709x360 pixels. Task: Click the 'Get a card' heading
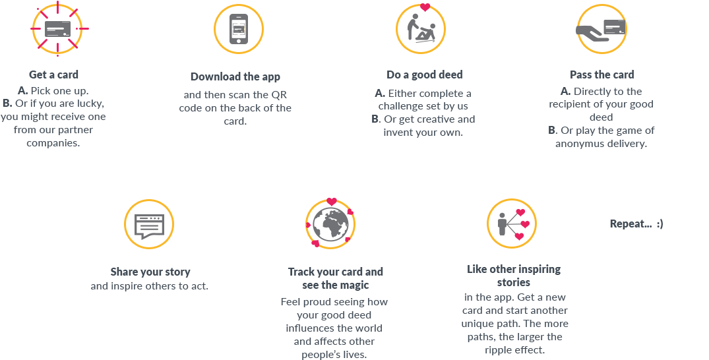(53, 75)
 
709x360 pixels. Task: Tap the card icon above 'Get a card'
(57, 28)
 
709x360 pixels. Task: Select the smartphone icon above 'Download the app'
(238, 28)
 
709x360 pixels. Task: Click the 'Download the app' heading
(235, 77)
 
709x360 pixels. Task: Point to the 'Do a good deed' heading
(424, 75)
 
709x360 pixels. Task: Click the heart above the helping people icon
(425, 9)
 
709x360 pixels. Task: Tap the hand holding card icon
(601, 29)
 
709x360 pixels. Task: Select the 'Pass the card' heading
(601, 75)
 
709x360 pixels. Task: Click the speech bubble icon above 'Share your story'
(149, 225)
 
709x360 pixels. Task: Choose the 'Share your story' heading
(150, 272)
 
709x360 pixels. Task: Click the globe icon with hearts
(330, 225)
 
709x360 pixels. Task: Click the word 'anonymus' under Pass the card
(582, 144)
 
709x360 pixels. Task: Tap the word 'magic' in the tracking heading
(355, 285)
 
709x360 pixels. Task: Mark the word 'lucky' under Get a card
(91, 104)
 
